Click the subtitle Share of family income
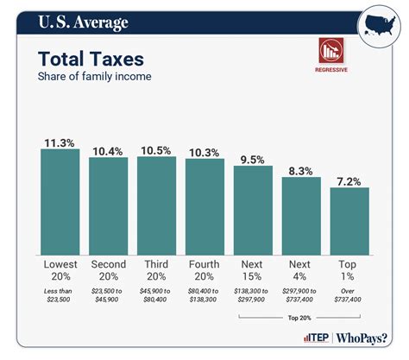click(x=95, y=78)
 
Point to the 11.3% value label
click(x=60, y=140)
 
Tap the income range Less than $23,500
click(x=60, y=299)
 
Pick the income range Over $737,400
click(x=349, y=299)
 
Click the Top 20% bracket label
click(x=301, y=318)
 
